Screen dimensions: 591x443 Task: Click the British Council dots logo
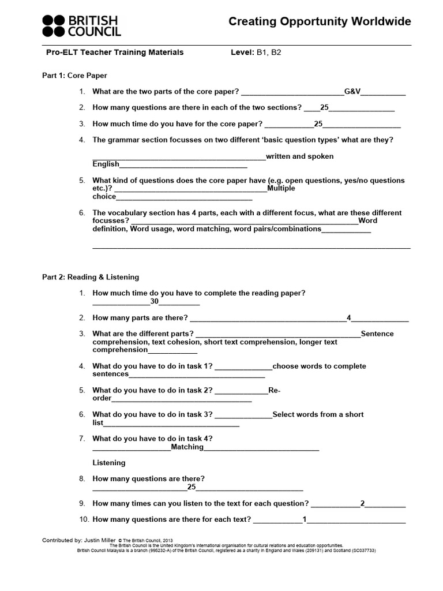click(54, 26)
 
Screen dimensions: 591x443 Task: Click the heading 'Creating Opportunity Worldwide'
click(320, 22)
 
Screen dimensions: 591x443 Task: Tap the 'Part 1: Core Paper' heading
click(74, 76)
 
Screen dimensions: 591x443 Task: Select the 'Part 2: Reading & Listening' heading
click(91, 278)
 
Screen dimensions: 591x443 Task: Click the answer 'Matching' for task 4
click(187, 447)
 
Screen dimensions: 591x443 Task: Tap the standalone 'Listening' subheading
click(108, 463)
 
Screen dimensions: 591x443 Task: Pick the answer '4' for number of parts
click(348, 318)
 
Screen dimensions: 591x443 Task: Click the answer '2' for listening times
click(362, 503)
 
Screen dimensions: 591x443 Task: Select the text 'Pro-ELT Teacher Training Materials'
click(115, 53)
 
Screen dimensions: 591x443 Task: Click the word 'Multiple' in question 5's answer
click(281, 189)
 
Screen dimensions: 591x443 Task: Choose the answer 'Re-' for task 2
click(274, 391)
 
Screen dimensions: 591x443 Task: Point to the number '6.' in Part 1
click(82, 213)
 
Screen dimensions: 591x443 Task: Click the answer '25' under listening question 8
click(192, 487)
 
